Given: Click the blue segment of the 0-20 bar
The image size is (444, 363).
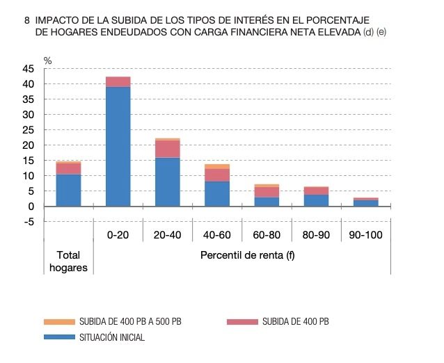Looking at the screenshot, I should click(x=118, y=146).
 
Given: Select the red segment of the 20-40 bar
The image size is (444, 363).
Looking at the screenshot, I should click(x=168, y=149).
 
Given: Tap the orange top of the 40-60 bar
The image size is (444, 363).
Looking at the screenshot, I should click(x=217, y=166).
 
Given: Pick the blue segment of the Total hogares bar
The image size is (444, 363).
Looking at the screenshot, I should click(x=68, y=190).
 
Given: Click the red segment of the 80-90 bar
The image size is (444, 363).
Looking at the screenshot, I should click(x=317, y=191).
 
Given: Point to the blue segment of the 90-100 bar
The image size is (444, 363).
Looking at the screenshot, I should click(x=366, y=203).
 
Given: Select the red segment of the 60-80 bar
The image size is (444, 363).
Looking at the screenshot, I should click(x=267, y=192).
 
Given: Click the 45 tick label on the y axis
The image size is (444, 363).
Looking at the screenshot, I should click(x=28, y=69).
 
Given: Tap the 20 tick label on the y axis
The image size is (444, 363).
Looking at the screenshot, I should click(x=28, y=145).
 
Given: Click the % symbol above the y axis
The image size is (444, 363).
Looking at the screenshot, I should click(x=47, y=60).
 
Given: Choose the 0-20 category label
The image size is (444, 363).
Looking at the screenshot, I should click(x=118, y=236).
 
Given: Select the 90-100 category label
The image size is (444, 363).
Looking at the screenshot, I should click(x=366, y=236).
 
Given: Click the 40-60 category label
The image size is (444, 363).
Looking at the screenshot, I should click(x=217, y=236).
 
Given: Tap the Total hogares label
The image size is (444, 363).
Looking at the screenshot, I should click(x=68, y=261).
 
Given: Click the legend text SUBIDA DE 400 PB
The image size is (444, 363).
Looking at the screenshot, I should click(x=295, y=322).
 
